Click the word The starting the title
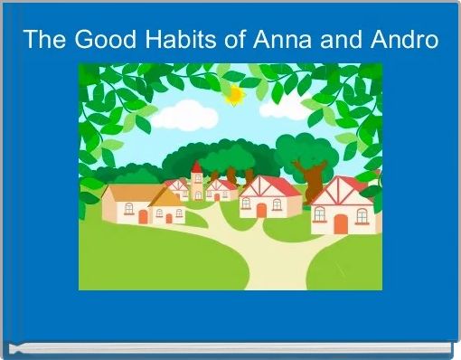coord(43,41)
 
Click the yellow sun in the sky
coord(236,94)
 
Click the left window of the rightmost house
coord(319,213)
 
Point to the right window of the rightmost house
coord(361,215)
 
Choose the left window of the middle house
coord(247,204)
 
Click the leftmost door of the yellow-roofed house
coord(143,217)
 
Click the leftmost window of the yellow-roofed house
coord(128,209)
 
